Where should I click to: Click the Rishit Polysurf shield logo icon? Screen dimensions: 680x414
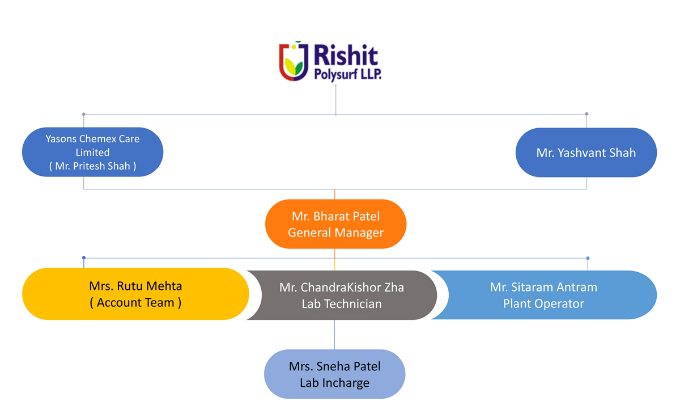tap(294, 61)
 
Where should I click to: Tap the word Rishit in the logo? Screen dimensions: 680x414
tap(346, 55)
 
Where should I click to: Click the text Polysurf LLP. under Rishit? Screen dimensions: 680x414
tap(347, 74)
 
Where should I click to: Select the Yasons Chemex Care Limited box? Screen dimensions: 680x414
tap(92, 152)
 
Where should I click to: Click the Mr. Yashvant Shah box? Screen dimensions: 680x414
tap(586, 153)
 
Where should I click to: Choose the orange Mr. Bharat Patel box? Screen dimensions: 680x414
tap(335, 224)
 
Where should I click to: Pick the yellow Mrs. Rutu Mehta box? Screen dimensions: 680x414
tap(135, 294)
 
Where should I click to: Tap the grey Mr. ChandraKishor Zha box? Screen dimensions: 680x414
tap(342, 295)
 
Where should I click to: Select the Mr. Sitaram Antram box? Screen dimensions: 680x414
tap(543, 295)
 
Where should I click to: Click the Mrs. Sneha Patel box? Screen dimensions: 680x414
tap(334, 374)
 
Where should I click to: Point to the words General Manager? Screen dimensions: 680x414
tap(335, 233)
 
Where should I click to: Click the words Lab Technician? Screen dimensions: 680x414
tap(342, 304)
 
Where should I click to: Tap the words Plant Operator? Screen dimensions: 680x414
tap(543, 303)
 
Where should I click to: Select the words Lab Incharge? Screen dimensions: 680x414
tap(334, 383)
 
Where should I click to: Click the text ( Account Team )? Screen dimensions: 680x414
tap(135, 302)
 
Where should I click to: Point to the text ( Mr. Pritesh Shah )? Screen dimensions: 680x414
tap(92, 166)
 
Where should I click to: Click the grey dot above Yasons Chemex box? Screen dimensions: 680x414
tap(84, 114)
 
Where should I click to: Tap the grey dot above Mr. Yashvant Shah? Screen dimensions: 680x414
tap(587, 114)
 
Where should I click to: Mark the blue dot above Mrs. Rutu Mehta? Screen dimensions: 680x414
tap(84, 257)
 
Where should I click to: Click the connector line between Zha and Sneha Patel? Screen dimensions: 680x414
tap(334, 335)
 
